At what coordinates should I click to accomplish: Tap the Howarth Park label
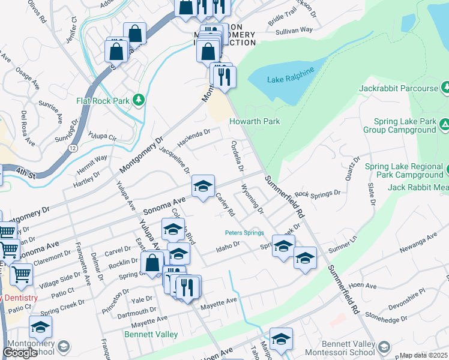point(255,122)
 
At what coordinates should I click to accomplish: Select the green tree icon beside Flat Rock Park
point(139,100)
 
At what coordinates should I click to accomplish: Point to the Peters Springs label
point(244,233)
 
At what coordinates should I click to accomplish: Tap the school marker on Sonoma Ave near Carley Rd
point(203,186)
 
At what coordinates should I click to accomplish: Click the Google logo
point(20,353)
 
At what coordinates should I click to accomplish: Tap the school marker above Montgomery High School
point(40,327)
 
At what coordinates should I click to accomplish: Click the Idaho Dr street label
point(228,244)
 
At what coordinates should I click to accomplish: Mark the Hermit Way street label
point(92,162)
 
